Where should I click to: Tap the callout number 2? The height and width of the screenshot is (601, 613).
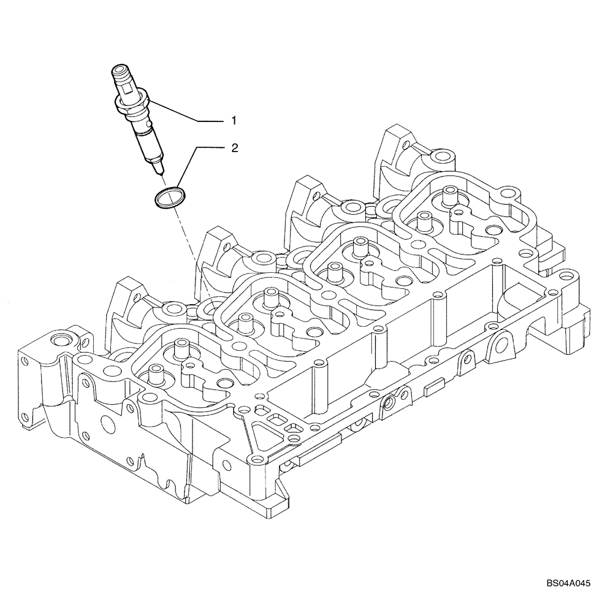point(235,148)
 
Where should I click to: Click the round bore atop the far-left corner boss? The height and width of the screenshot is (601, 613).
point(61,340)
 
